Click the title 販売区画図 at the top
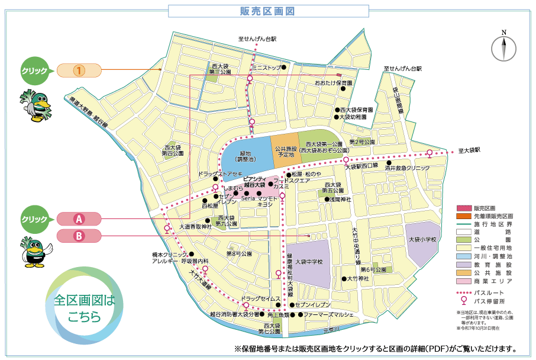coord(268,11)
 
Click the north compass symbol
coord(504,47)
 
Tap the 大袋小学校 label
coord(422,239)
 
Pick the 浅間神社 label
coord(341,200)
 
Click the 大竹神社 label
coord(358,278)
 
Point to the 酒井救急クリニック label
coord(406,168)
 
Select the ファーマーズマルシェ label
coord(328,315)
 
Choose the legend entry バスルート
coord(492,293)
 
